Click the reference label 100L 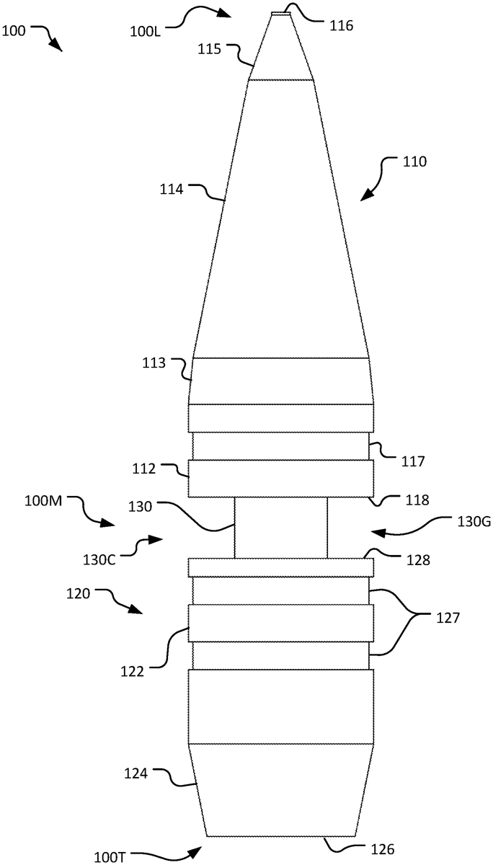coord(145,31)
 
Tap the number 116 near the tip coord(341,26)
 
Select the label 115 coord(209,50)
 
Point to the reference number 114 coord(172,190)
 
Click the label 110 coord(414,161)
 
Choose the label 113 coord(154,363)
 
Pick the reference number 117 coord(413,461)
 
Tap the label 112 coord(143,469)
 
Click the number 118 coord(417,500)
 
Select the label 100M coord(43,501)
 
